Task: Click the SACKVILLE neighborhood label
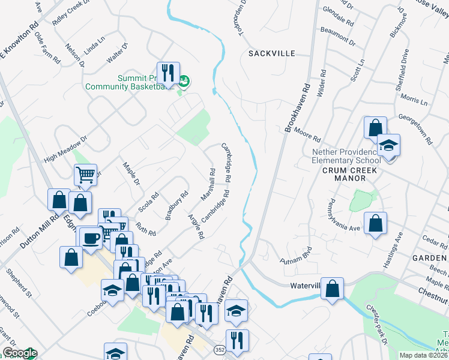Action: click(272, 53)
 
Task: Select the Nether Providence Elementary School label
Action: click(346, 156)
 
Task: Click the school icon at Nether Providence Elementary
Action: click(388, 146)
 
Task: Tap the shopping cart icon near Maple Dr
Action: click(85, 175)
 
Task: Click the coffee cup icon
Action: click(91, 239)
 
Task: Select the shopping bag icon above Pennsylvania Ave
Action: click(375, 224)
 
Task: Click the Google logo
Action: click(19, 353)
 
